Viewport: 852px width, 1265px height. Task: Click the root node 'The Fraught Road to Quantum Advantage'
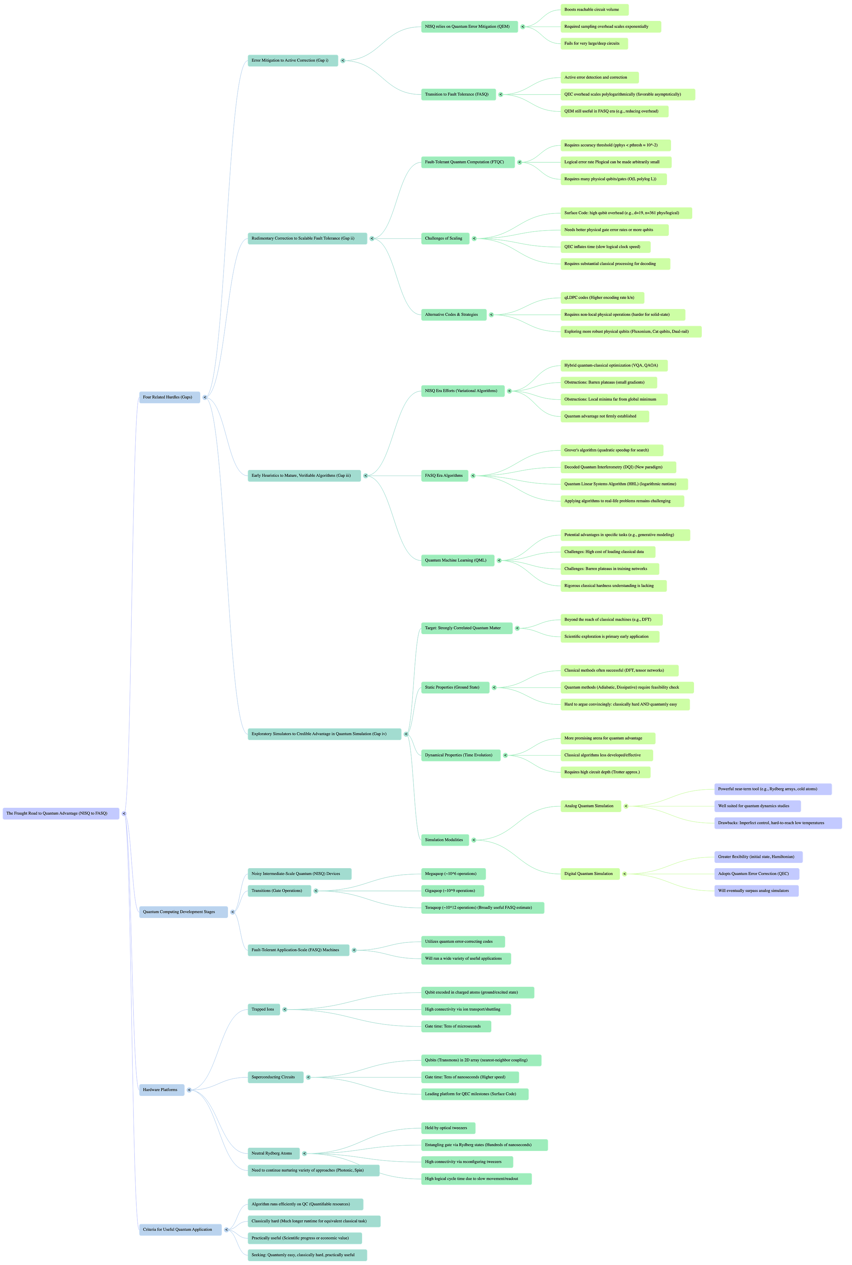(x=61, y=813)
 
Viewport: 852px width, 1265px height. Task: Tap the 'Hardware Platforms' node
(x=161, y=1090)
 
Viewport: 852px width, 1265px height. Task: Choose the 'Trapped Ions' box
(x=263, y=1009)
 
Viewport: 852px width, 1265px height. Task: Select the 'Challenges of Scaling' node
(x=444, y=238)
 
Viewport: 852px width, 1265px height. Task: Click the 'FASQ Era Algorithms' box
(x=444, y=475)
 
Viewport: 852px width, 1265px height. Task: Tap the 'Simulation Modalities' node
(x=444, y=840)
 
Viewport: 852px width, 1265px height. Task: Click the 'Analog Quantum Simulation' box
(x=590, y=806)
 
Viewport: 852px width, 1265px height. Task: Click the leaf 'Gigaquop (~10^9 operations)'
(x=451, y=891)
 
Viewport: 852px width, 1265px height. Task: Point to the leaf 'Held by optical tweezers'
(x=447, y=1128)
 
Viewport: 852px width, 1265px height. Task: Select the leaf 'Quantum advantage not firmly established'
(x=604, y=416)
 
